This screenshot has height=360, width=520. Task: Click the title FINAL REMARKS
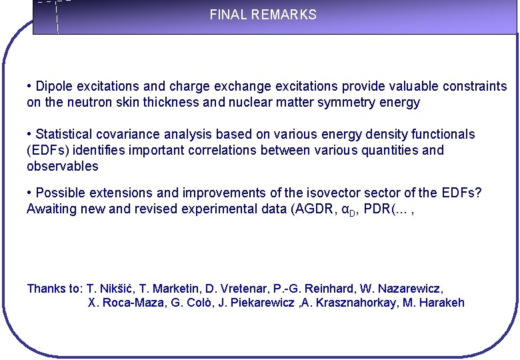(x=263, y=15)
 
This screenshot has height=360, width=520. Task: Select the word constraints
(x=475, y=87)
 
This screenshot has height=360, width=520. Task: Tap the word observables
(x=62, y=167)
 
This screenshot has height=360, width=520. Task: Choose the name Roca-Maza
(x=119, y=303)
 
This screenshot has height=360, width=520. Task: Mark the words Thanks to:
(x=55, y=289)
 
